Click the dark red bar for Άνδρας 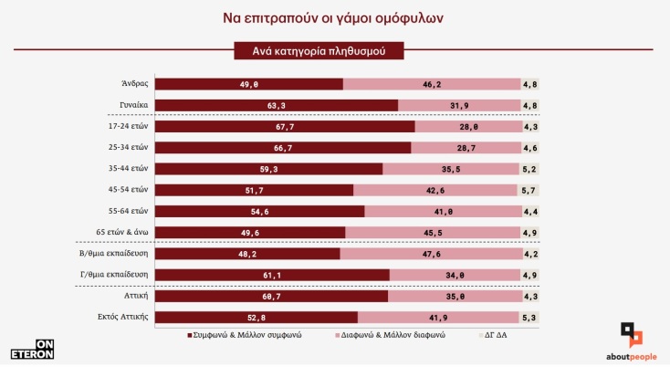pyautogui.click(x=249, y=84)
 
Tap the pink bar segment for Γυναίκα pyautogui.click(x=458, y=105)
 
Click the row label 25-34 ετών pyautogui.click(x=128, y=147)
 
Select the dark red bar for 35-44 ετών pyautogui.click(x=269, y=169)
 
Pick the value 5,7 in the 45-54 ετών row pyautogui.click(x=529, y=190)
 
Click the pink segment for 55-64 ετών pyautogui.click(x=441, y=211)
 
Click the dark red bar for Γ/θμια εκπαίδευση pyautogui.click(x=273, y=275)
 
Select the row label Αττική pyautogui.click(x=134, y=296)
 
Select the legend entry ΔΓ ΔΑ pyautogui.click(x=498, y=336)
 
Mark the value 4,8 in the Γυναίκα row pyautogui.click(x=529, y=105)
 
